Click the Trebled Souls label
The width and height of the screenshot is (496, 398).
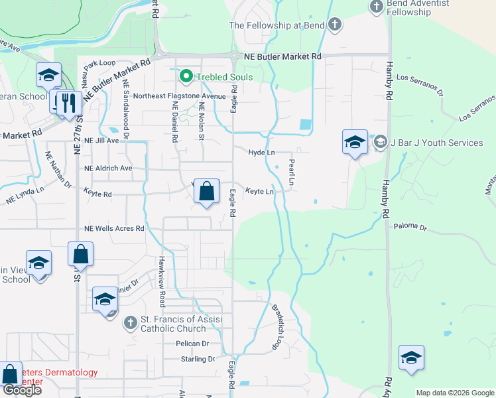[224, 77]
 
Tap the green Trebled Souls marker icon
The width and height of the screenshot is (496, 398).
[186, 77]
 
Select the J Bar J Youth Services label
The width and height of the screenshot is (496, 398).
[437, 143]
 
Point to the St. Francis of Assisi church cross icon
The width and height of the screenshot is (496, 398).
[129, 324]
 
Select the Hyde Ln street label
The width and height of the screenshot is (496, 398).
[261, 153]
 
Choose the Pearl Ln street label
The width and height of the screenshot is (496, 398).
[291, 171]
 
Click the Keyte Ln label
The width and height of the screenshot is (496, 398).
[260, 192]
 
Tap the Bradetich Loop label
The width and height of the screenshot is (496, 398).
[277, 327]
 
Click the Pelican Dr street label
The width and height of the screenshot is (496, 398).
[192, 344]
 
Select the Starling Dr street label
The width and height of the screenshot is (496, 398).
[198, 359]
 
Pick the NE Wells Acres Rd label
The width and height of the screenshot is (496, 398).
[114, 229]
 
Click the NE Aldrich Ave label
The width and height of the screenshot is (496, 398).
[108, 168]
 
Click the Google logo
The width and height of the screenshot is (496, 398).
[22, 390]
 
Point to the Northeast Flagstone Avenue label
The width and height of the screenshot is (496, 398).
[180, 96]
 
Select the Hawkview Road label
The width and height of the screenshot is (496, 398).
[161, 281]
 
